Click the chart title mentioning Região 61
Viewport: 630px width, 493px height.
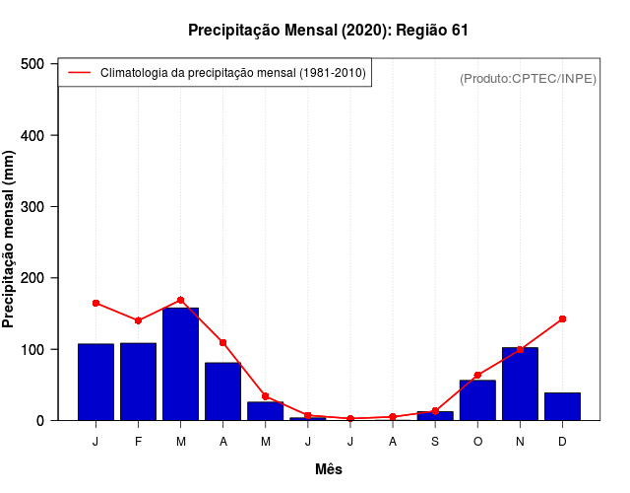(x=328, y=31)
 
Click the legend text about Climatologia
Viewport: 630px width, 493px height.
(x=233, y=73)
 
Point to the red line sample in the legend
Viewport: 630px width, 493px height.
(x=80, y=73)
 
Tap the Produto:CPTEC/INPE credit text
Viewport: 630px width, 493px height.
(x=528, y=78)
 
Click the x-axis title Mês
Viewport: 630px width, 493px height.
(x=329, y=469)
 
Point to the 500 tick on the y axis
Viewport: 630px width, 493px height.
(x=33, y=64)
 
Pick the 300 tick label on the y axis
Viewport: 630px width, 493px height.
(x=33, y=207)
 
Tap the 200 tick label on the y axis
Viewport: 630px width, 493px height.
(x=33, y=278)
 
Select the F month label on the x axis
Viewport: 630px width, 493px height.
(x=139, y=442)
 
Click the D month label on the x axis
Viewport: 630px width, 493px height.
(x=562, y=442)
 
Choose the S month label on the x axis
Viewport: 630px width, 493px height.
(x=435, y=442)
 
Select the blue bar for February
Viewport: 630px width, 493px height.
(x=139, y=383)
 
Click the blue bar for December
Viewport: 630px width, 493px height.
(x=562, y=406)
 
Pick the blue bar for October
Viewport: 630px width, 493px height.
(x=477, y=400)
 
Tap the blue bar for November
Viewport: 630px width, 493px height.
(x=520, y=385)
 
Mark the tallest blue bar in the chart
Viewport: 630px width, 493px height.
(x=181, y=365)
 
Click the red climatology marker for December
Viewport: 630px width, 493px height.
(x=562, y=318)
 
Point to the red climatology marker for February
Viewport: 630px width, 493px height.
(x=139, y=320)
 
